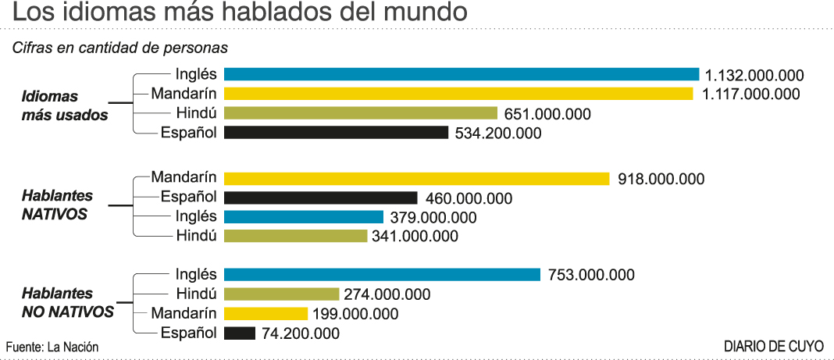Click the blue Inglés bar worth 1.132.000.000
point(461,74)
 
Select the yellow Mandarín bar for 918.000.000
point(416,179)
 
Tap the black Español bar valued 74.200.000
point(239,333)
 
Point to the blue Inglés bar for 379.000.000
point(303,217)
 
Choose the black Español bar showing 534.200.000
point(336,133)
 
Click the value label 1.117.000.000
point(750,94)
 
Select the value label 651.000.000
point(547,114)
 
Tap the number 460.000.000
point(469,198)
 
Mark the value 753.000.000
point(590,275)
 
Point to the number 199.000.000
point(355,314)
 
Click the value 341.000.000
point(415,236)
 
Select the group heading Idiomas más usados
point(64,105)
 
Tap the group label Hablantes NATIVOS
point(56,205)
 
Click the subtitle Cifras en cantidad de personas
point(119,47)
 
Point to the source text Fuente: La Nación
point(52,347)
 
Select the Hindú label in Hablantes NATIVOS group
point(196,236)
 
